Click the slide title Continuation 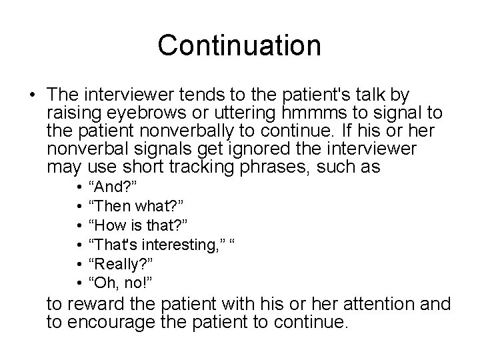tap(239, 45)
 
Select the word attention tap(383, 304)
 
